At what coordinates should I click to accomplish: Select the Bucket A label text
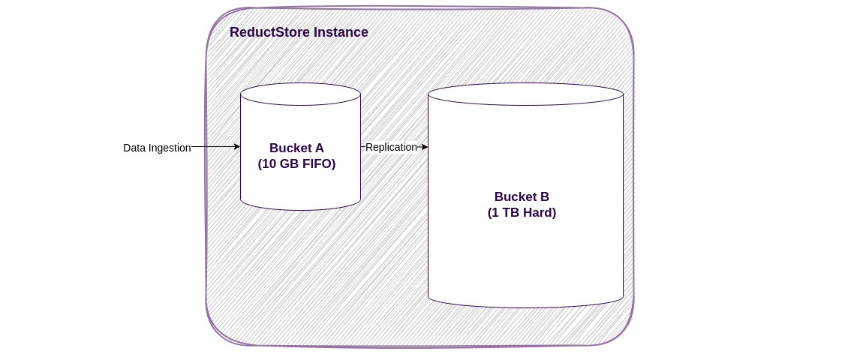pyautogui.click(x=296, y=148)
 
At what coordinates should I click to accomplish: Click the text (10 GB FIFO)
pyautogui.click(x=296, y=163)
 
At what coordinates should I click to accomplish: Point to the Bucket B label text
pyautogui.click(x=522, y=196)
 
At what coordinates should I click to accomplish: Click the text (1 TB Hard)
pyautogui.click(x=522, y=212)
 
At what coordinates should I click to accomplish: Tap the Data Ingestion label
pyautogui.click(x=157, y=148)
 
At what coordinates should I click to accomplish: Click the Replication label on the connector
pyautogui.click(x=391, y=147)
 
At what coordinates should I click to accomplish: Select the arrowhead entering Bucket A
pyautogui.click(x=237, y=147)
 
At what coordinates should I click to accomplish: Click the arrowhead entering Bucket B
pyautogui.click(x=425, y=147)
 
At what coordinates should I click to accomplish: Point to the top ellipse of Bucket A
pyautogui.click(x=300, y=94)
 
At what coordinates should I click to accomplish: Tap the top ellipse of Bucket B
pyautogui.click(x=525, y=94)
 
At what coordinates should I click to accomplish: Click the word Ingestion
pyautogui.click(x=169, y=148)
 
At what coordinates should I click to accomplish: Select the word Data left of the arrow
pyautogui.click(x=134, y=148)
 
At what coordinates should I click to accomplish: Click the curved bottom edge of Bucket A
pyautogui.click(x=300, y=210)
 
